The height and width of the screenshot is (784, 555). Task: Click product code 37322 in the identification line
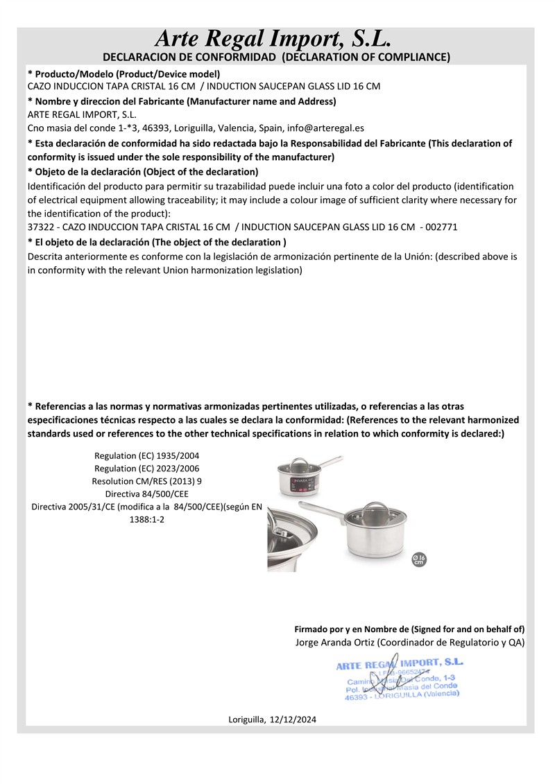click(x=41, y=227)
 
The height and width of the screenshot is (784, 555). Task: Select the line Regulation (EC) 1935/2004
click(x=146, y=455)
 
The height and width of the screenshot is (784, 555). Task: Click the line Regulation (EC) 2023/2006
click(x=146, y=468)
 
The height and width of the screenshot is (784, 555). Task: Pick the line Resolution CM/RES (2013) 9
click(x=146, y=480)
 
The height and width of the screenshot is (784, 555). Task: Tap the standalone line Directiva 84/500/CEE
click(x=146, y=494)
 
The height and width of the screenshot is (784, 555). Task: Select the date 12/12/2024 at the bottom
click(x=293, y=720)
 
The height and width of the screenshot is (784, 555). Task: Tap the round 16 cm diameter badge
click(x=418, y=559)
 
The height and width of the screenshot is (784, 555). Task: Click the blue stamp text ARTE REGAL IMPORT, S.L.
click(x=400, y=664)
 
